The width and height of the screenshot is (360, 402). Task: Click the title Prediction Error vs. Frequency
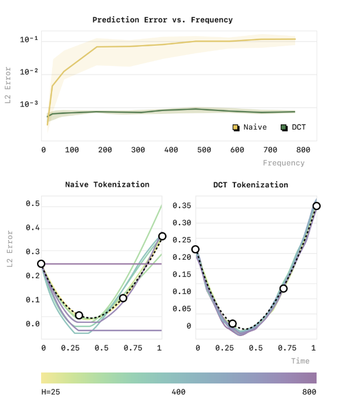(x=163, y=20)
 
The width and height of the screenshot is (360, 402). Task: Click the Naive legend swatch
(x=236, y=127)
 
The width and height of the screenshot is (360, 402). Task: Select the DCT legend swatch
(x=284, y=127)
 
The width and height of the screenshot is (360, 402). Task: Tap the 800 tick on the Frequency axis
(x=303, y=150)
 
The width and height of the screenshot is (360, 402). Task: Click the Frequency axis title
(x=284, y=163)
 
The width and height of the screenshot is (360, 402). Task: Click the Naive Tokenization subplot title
(x=107, y=185)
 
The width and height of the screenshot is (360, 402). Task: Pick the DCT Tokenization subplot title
(x=251, y=185)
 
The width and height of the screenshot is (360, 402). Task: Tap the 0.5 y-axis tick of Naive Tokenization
(x=33, y=204)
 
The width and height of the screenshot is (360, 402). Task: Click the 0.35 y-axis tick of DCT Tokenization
(x=185, y=205)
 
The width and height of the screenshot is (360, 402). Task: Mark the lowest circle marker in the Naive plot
(x=79, y=315)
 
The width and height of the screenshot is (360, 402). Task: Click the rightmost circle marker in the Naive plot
(x=162, y=236)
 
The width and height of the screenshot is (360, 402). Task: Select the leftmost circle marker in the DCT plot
(x=196, y=249)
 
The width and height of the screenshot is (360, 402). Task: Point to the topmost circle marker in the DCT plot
(x=317, y=206)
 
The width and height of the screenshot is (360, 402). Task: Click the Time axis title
(x=300, y=361)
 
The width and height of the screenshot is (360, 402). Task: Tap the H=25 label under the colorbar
(x=51, y=392)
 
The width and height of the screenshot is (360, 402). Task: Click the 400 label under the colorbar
(x=178, y=392)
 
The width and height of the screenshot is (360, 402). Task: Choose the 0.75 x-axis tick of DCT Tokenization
(x=285, y=348)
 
